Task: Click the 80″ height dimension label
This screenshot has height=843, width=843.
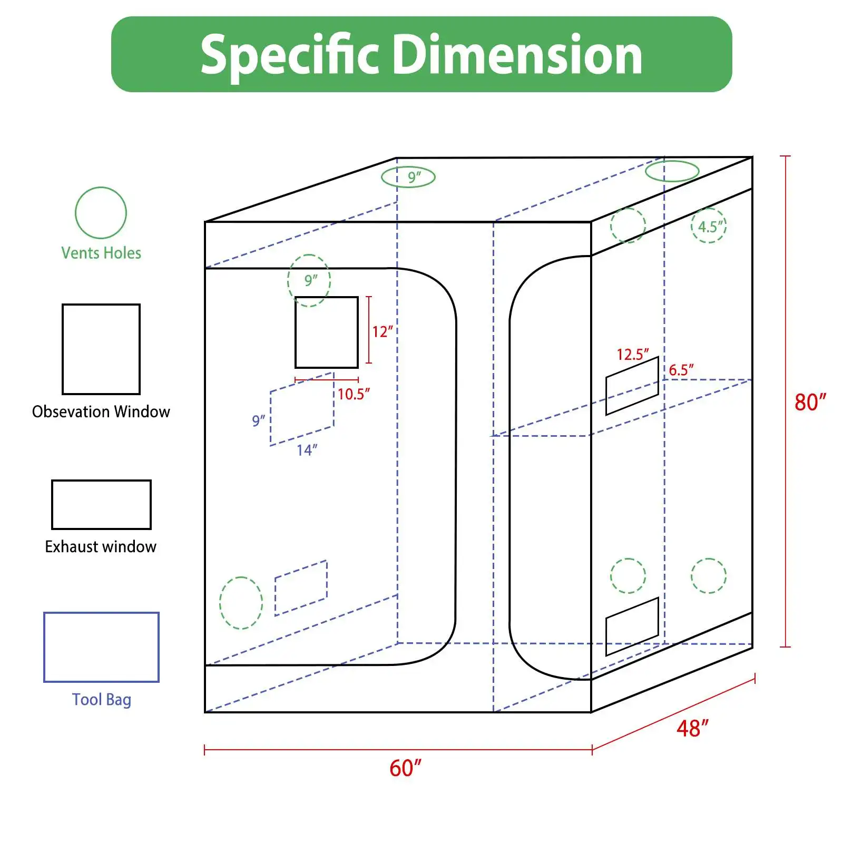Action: (x=810, y=402)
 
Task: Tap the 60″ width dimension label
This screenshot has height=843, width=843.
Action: (x=405, y=768)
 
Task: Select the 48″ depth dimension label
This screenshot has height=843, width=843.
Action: (x=692, y=729)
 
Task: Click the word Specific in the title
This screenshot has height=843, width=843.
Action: (x=289, y=55)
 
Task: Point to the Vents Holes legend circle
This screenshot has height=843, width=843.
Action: (x=101, y=213)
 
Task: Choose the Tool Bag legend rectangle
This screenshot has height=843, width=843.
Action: (x=101, y=647)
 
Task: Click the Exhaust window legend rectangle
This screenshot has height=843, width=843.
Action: (x=101, y=504)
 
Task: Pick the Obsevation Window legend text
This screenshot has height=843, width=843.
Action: (x=101, y=411)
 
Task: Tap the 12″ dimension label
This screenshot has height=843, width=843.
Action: (x=382, y=332)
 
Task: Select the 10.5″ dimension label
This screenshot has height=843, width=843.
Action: (x=354, y=394)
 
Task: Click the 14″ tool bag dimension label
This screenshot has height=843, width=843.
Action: (x=307, y=450)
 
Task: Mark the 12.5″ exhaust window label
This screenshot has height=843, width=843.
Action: (x=632, y=354)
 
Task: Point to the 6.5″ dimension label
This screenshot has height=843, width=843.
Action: (x=681, y=370)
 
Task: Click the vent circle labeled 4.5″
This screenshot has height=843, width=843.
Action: (x=709, y=226)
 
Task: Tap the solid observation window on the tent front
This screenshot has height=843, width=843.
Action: (x=326, y=332)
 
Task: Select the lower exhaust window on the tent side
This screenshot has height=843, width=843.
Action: (x=632, y=626)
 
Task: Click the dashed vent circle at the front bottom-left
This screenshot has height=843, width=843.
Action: (x=241, y=603)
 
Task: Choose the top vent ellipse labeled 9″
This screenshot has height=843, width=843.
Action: (x=408, y=178)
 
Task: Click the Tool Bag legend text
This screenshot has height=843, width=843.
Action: (x=101, y=700)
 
